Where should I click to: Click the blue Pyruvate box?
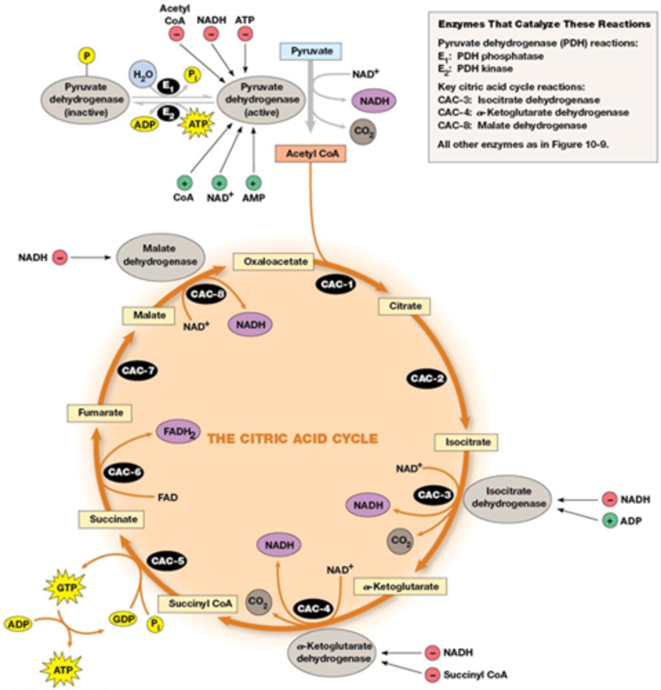click(x=311, y=51)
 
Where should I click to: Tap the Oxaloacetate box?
click(x=275, y=262)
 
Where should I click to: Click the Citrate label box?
click(x=405, y=306)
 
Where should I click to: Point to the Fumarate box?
click(x=101, y=413)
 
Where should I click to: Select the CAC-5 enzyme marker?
click(x=169, y=561)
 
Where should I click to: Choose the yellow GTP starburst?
click(x=64, y=588)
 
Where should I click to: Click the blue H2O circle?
click(x=139, y=75)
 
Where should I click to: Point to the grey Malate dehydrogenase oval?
click(x=160, y=255)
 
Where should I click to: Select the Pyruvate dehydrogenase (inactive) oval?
click(x=86, y=100)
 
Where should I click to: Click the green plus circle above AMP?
click(x=253, y=183)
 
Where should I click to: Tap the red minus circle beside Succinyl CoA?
click(x=432, y=674)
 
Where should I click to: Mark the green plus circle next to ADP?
click(x=609, y=521)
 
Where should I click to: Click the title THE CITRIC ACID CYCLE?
click(x=292, y=439)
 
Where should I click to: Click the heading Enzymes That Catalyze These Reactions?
click(x=544, y=25)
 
